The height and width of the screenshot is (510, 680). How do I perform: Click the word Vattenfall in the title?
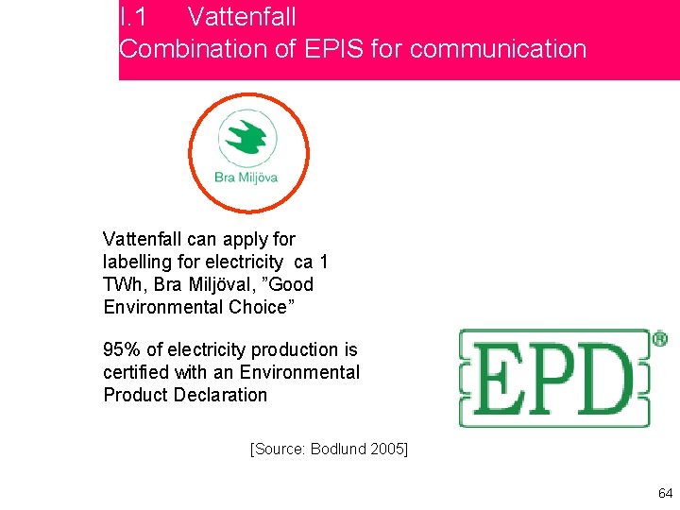[x=242, y=17]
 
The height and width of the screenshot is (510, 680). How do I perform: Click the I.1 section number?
[x=132, y=17]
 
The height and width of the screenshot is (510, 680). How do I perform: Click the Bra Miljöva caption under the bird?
[x=246, y=177]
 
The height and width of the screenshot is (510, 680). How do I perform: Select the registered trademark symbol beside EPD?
[x=659, y=338]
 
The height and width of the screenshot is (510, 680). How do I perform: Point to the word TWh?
[x=121, y=284]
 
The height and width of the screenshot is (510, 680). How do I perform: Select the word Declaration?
[x=222, y=395]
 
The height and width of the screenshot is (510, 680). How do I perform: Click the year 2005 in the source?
[x=387, y=448]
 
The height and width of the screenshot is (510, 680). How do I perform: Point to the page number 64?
[x=665, y=493]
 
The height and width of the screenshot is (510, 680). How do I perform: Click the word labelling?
[x=134, y=262]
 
